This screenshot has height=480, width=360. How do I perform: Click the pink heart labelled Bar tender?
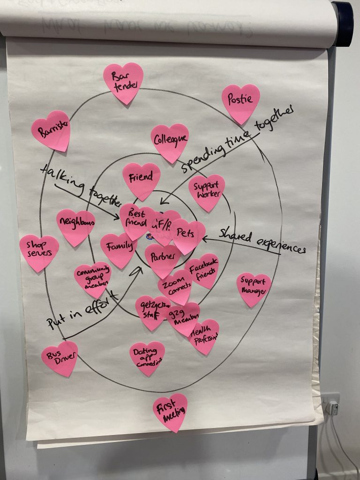123,82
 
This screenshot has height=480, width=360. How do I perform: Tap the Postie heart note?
240,102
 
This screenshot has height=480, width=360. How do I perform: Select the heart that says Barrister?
51,130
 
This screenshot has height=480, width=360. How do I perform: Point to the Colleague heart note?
170,141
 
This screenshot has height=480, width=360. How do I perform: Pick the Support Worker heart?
206,191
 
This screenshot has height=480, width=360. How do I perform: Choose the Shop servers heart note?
39,252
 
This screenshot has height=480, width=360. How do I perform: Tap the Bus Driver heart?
60,357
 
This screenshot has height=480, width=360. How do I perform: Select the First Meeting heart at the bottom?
170,411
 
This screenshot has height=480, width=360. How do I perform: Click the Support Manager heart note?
254,288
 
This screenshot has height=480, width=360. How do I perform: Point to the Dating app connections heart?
147,357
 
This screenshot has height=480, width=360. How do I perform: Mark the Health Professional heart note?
204,335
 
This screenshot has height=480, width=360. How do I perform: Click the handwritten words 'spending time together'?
237,139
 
